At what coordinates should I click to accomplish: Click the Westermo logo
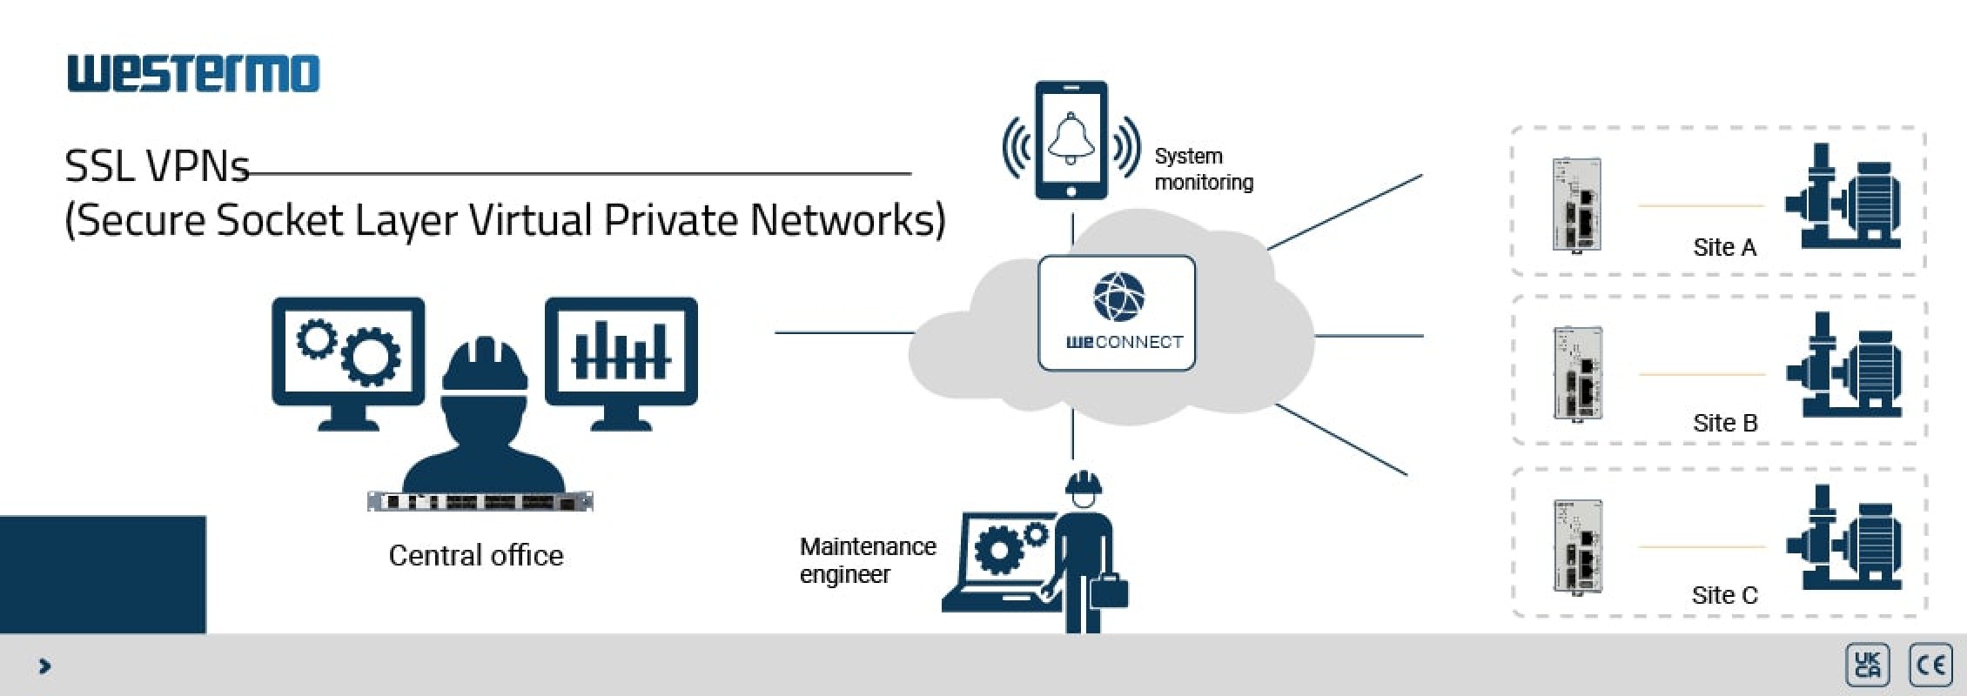(193, 73)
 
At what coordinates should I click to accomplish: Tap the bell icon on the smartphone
(1071, 138)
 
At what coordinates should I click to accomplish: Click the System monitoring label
(1203, 169)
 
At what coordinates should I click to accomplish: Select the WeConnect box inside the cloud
(1117, 313)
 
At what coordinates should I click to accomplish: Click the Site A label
(1724, 248)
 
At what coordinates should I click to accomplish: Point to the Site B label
(1725, 423)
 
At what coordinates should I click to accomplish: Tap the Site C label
(1724, 595)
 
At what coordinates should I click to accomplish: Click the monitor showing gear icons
(348, 352)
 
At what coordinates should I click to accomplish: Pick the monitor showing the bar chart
(621, 352)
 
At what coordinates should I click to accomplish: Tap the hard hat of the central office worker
(485, 365)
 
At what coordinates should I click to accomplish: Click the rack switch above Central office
(480, 501)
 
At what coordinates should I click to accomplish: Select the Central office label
(475, 555)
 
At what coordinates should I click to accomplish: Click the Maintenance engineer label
(867, 560)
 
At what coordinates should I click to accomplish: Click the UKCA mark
(1867, 666)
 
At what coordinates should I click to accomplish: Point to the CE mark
(1930, 666)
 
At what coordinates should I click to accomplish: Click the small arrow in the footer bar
(45, 666)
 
